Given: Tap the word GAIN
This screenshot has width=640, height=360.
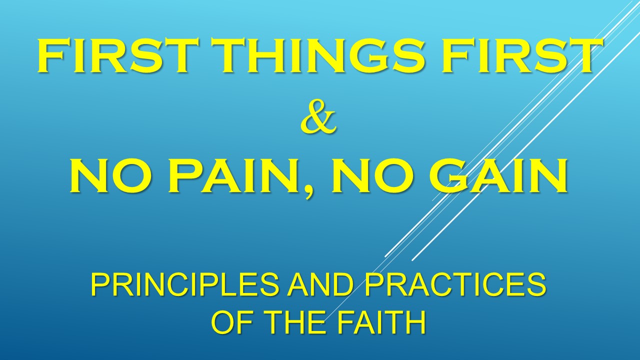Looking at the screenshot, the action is click(x=497, y=175).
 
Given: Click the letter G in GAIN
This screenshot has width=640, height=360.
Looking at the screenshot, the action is click(x=449, y=175).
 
